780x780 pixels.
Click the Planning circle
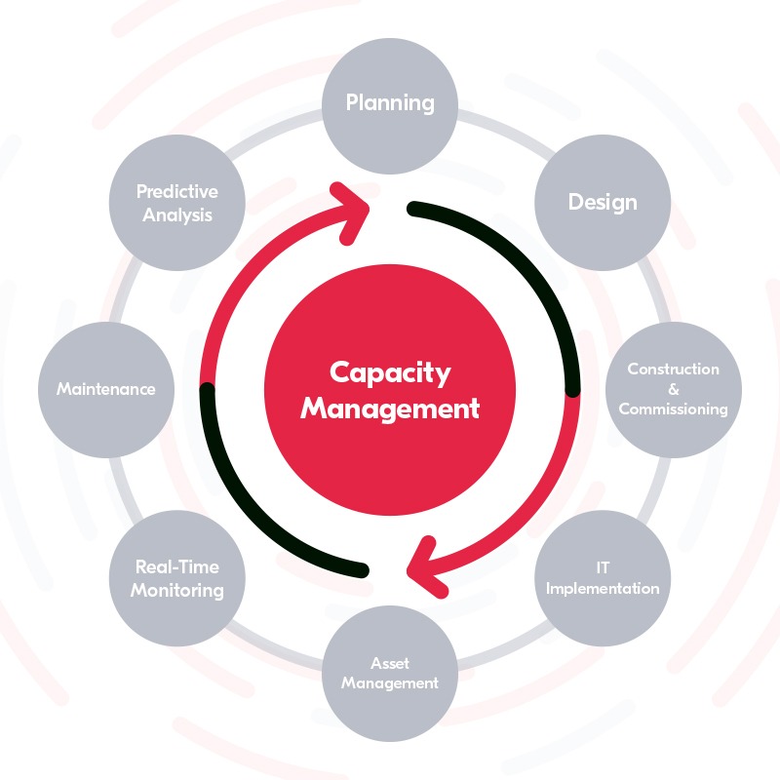(x=390, y=102)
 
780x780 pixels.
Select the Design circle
(x=603, y=202)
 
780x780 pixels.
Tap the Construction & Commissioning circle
(x=674, y=389)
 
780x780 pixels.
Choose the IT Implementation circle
(x=603, y=577)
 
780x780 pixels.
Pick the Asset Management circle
(x=390, y=673)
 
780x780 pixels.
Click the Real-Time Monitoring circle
(x=176, y=577)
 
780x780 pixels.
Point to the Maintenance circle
(x=105, y=389)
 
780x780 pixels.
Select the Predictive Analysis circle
(x=176, y=202)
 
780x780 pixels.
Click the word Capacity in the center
(x=390, y=371)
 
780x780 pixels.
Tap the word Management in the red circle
(x=390, y=408)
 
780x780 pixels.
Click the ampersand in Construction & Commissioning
(x=674, y=389)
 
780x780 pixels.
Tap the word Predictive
(x=176, y=191)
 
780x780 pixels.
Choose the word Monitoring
(x=176, y=590)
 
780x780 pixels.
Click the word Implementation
(x=603, y=588)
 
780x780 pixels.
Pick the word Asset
(x=390, y=663)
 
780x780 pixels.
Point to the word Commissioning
(x=674, y=409)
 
